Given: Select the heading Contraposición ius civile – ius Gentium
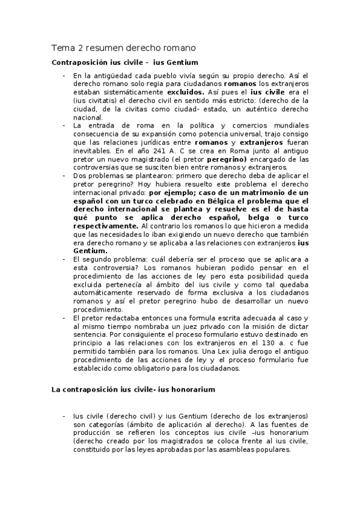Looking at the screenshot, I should [125, 63].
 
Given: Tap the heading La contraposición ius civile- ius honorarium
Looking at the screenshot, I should [133, 390].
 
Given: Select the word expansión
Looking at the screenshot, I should [165, 134].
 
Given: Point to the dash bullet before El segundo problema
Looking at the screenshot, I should [64, 259].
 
